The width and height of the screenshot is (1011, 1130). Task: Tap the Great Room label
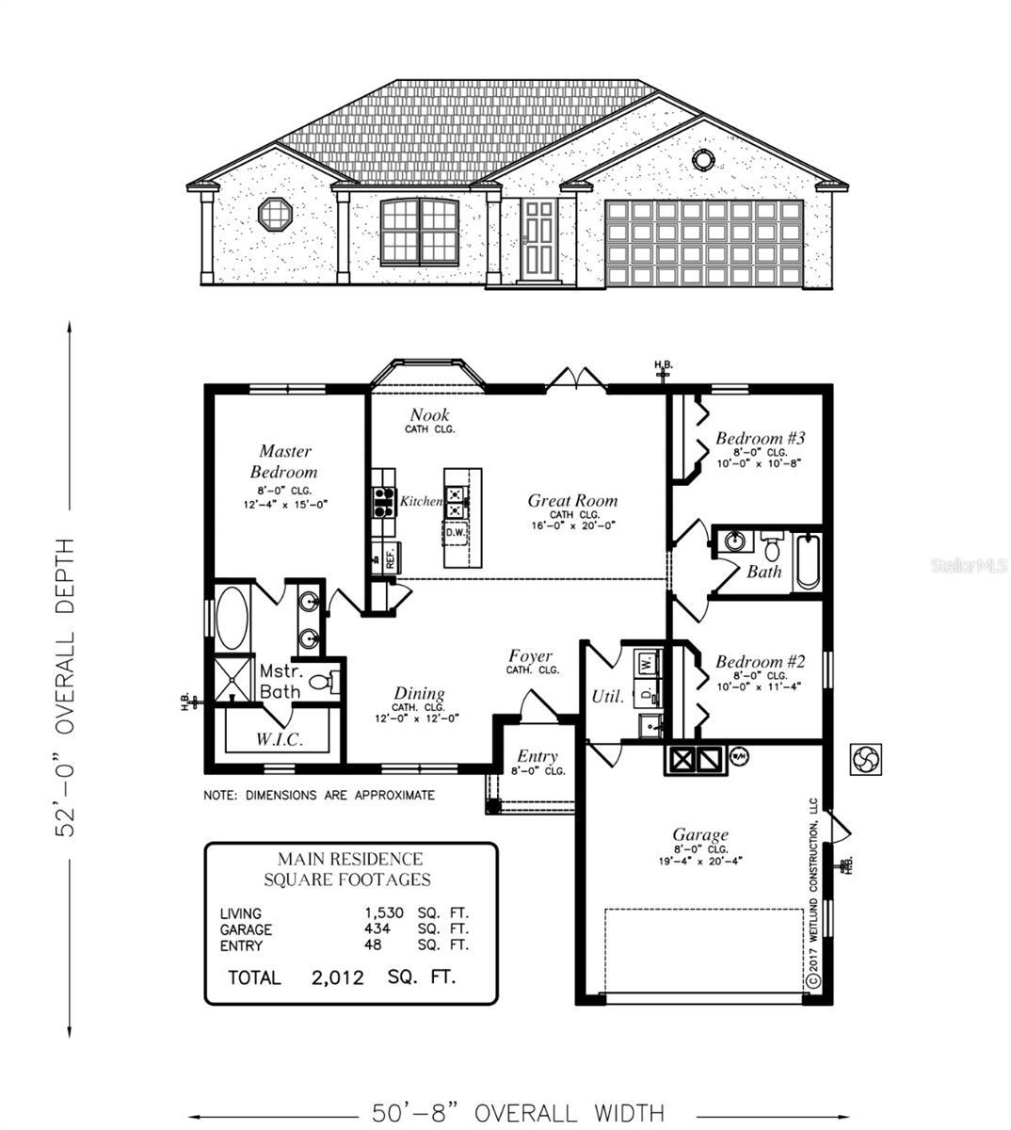(572, 501)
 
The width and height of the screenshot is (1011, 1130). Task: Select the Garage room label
(699, 834)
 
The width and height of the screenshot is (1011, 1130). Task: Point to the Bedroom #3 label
(760, 438)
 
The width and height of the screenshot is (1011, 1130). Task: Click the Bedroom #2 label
(760, 662)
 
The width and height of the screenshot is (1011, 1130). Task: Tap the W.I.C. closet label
(280, 739)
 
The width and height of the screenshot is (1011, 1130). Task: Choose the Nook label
(429, 415)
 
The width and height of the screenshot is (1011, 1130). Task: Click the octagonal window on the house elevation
(275, 214)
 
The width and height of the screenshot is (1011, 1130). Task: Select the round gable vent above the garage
(703, 159)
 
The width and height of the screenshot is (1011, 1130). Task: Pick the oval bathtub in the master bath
(232, 618)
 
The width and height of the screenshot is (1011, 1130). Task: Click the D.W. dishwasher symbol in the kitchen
(456, 533)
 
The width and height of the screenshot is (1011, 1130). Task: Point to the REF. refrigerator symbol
(385, 557)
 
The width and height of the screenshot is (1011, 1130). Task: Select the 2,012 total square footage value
(337, 977)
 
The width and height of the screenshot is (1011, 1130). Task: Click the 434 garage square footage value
(377, 929)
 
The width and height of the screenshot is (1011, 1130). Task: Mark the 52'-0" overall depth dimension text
(64, 687)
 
